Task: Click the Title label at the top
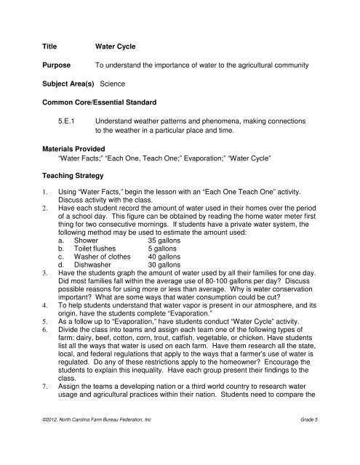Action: click(x=53, y=43)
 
